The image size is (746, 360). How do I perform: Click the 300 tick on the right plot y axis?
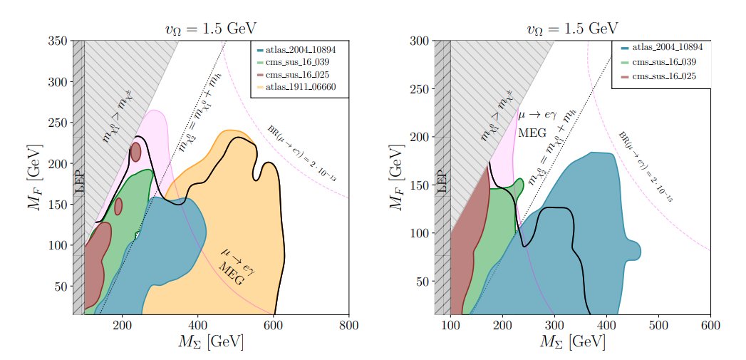(x=420, y=41)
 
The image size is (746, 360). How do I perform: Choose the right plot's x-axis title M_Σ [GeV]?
(x=574, y=342)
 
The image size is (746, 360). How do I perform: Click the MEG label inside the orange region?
(x=231, y=274)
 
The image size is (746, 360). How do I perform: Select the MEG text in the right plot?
(x=532, y=133)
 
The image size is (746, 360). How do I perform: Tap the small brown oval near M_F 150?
(x=118, y=206)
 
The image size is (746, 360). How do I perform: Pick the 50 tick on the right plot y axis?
(x=423, y=281)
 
